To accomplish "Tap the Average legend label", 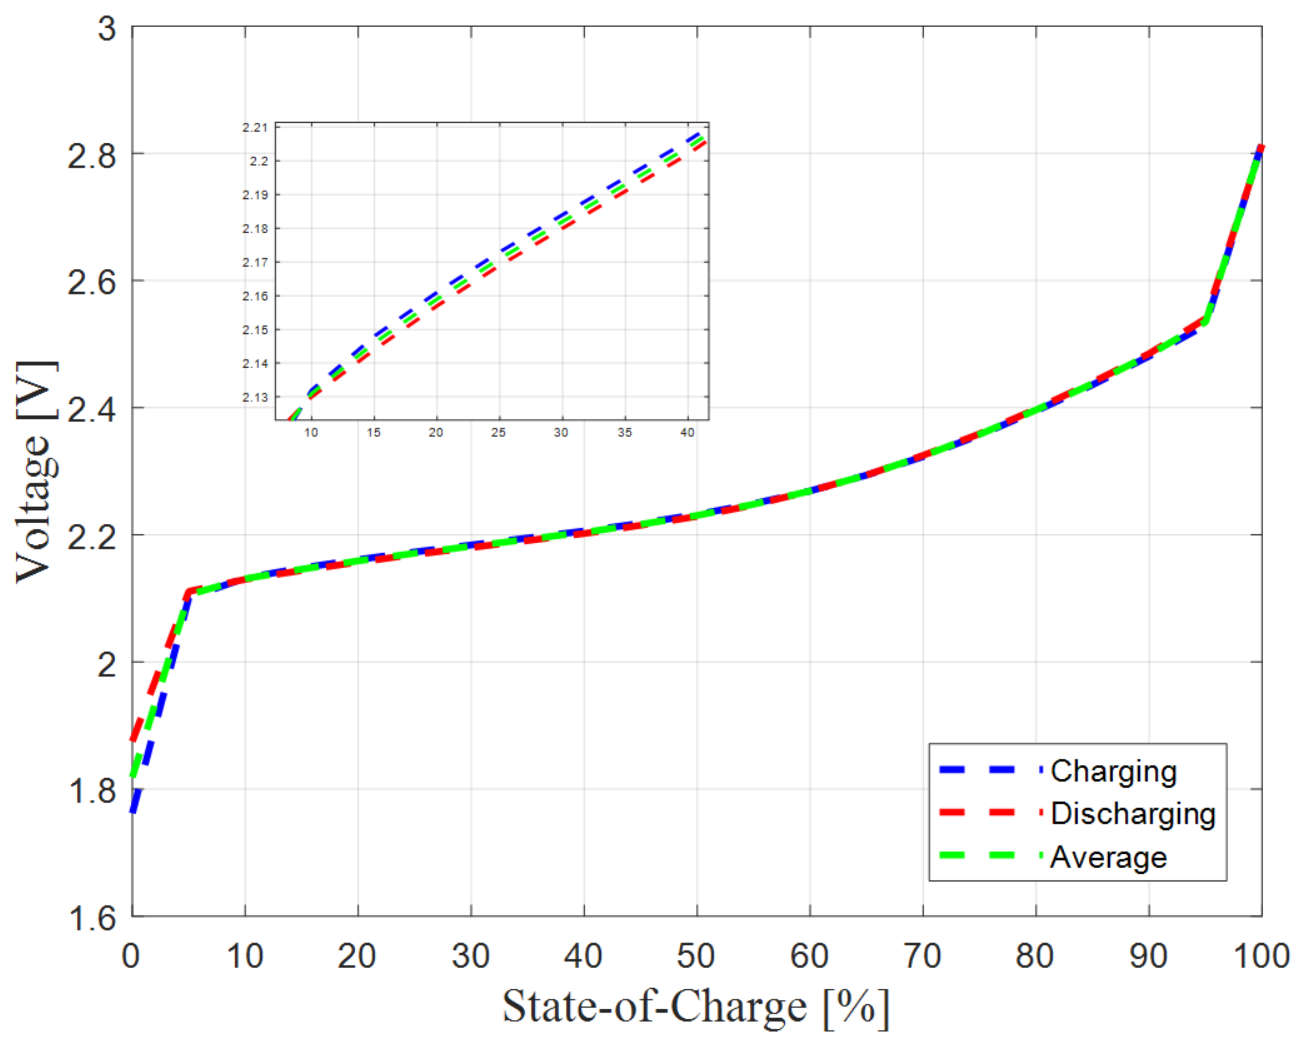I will (x=1108, y=858).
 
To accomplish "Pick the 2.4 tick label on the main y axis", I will (x=91, y=410).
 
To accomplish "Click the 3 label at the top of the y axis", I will (x=107, y=28).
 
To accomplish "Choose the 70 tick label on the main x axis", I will (x=922, y=956).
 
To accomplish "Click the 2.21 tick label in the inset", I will (x=255, y=128).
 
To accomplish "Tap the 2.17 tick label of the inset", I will (x=255, y=263).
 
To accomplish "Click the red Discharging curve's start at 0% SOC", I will (x=134, y=738).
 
